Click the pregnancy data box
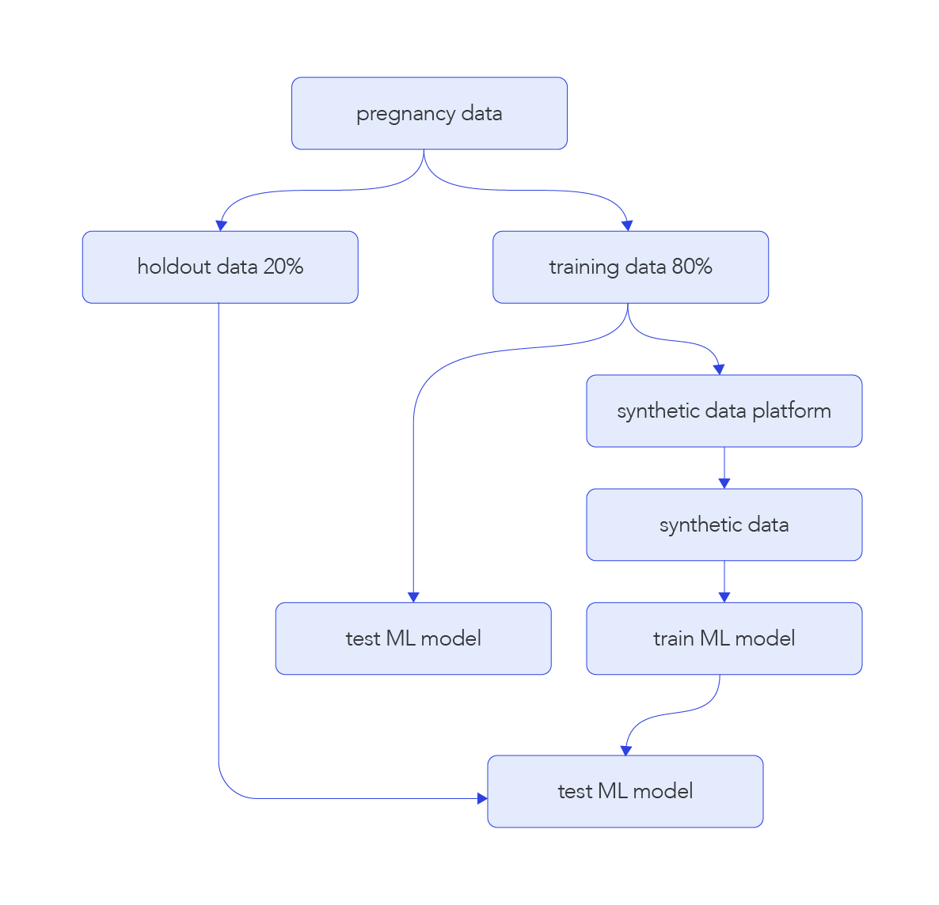tap(429, 113)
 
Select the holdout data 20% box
tap(220, 267)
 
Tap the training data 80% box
tap(630, 267)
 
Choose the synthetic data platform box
tap(724, 411)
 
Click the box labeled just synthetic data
tap(724, 524)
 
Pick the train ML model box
tap(724, 638)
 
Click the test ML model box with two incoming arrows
tap(625, 791)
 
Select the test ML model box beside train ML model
tap(413, 638)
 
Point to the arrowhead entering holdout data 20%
tap(222, 225)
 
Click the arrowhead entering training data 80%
tap(627, 225)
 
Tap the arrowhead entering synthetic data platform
tap(719, 369)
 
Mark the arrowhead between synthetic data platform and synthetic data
tap(724, 483)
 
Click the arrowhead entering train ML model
tap(724, 597)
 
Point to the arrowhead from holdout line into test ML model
tap(482, 798)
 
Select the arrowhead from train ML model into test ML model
tap(625, 750)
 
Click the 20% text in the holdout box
tap(283, 267)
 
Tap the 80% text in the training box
tap(692, 267)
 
